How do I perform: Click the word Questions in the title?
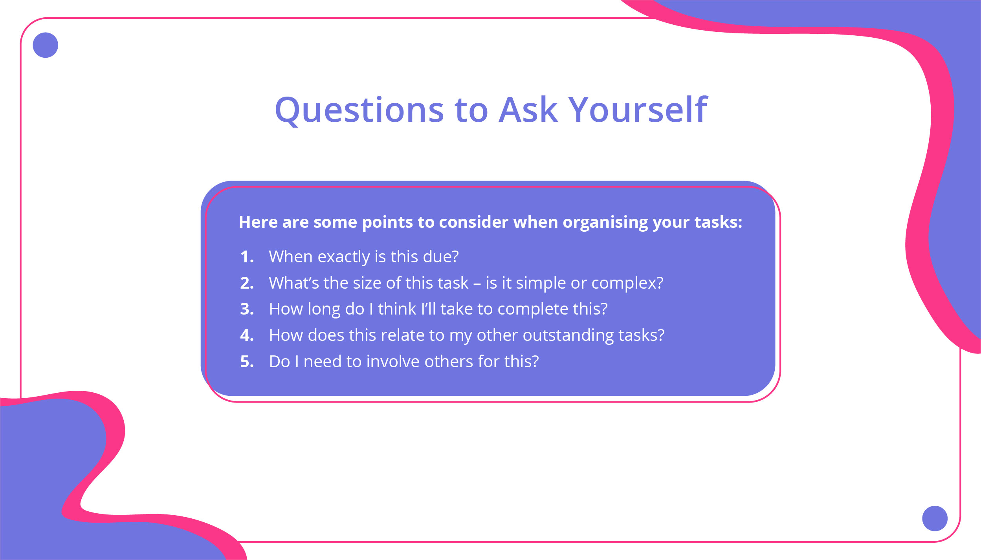359,110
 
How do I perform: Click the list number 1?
247,257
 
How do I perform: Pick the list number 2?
247,283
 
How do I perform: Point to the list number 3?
247,309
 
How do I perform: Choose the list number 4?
247,335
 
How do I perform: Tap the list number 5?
247,362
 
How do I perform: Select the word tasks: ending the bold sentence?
718,222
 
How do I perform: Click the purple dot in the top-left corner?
46,45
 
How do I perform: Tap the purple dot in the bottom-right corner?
935,518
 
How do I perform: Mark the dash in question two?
477,284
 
